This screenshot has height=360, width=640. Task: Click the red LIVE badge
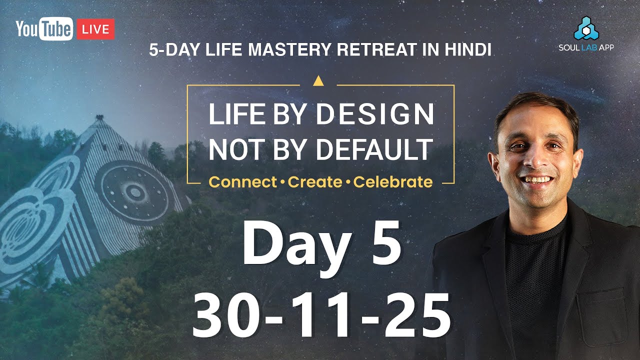95,29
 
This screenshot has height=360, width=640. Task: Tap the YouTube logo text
44,29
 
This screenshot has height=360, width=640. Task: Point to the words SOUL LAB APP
587,47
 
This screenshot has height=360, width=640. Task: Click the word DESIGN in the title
375,114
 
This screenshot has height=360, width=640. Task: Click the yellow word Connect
242,182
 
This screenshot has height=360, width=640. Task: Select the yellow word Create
315,182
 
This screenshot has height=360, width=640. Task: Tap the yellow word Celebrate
393,182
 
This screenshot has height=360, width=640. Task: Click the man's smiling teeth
537,179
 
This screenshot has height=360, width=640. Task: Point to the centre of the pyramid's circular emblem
134,191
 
